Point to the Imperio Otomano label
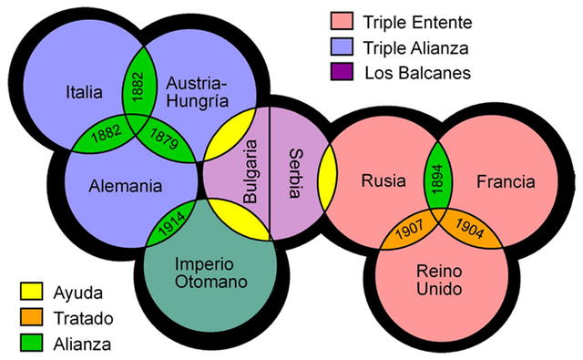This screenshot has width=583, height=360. [x=210, y=272]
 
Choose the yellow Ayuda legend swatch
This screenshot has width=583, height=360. [x=32, y=293]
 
